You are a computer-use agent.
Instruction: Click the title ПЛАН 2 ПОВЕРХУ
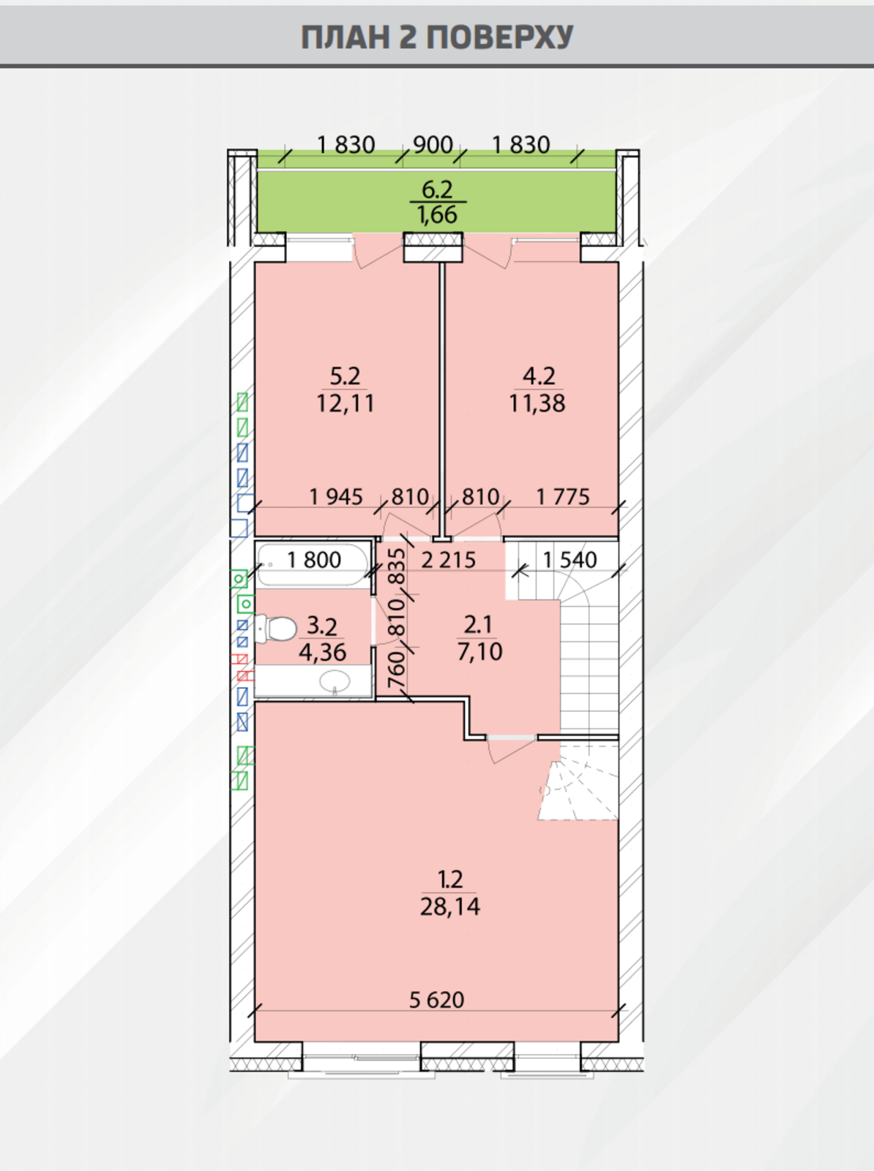[x=437, y=37]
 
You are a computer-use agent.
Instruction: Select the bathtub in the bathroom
[x=313, y=564]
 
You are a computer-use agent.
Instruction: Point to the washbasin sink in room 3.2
[x=335, y=681]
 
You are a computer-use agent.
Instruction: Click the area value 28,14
[x=449, y=906]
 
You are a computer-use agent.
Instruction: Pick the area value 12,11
[x=346, y=403]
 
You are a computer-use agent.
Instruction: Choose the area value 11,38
[x=537, y=403]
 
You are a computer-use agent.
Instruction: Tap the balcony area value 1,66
[x=437, y=214]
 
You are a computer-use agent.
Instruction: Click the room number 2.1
[x=479, y=624]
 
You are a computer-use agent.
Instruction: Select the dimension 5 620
[x=436, y=1000]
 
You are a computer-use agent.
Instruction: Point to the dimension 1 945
[x=336, y=497]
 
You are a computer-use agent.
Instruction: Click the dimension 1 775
[x=562, y=497]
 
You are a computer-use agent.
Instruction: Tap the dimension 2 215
[x=448, y=560]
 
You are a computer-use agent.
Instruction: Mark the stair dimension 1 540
[x=569, y=560]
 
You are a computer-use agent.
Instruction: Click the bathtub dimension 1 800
[x=314, y=560]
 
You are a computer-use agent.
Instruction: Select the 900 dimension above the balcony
[x=433, y=145]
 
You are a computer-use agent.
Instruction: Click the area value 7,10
[x=479, y=652]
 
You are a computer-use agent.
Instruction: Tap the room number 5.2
[x=346, y=377]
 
